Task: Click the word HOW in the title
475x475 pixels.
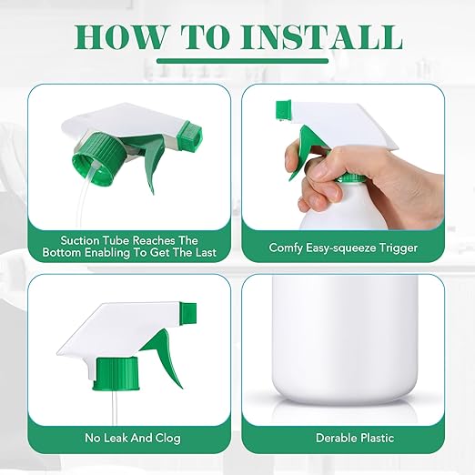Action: [x=120, y=37]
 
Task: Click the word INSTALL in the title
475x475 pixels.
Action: [x=321, y=37]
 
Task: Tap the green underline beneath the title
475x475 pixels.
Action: [x=242, y=61]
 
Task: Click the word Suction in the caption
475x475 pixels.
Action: [x=80, y=240]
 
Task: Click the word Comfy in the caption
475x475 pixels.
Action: [x=286, y=248]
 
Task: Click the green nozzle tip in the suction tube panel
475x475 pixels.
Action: [x=189, y=136]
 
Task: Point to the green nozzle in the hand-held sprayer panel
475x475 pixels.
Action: [x=283, y=110]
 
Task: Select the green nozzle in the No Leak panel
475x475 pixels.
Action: [x=188, y=313]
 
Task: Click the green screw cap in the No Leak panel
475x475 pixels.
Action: [x=116, y=374]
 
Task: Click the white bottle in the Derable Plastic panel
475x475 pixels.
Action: [x=345, y=337]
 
